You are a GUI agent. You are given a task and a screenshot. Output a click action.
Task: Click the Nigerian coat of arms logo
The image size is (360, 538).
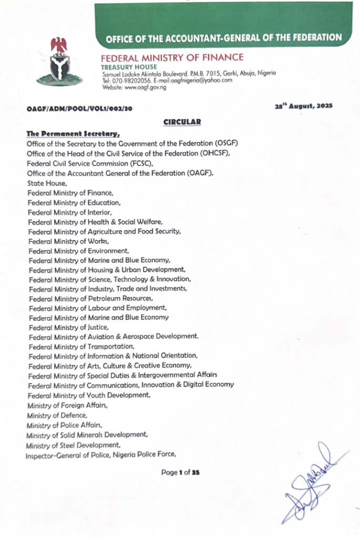click(59, 61)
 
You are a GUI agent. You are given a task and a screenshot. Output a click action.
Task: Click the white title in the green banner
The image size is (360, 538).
click(223, 38)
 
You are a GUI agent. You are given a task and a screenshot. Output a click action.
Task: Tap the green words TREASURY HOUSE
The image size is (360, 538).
click(129, 67)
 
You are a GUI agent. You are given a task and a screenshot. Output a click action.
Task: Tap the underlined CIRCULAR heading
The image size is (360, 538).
click(182, 122)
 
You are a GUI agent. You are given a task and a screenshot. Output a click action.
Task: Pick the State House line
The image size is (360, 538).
click(47, 183)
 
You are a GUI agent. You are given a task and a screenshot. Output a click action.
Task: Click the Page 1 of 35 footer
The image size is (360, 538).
click(180, 472)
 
